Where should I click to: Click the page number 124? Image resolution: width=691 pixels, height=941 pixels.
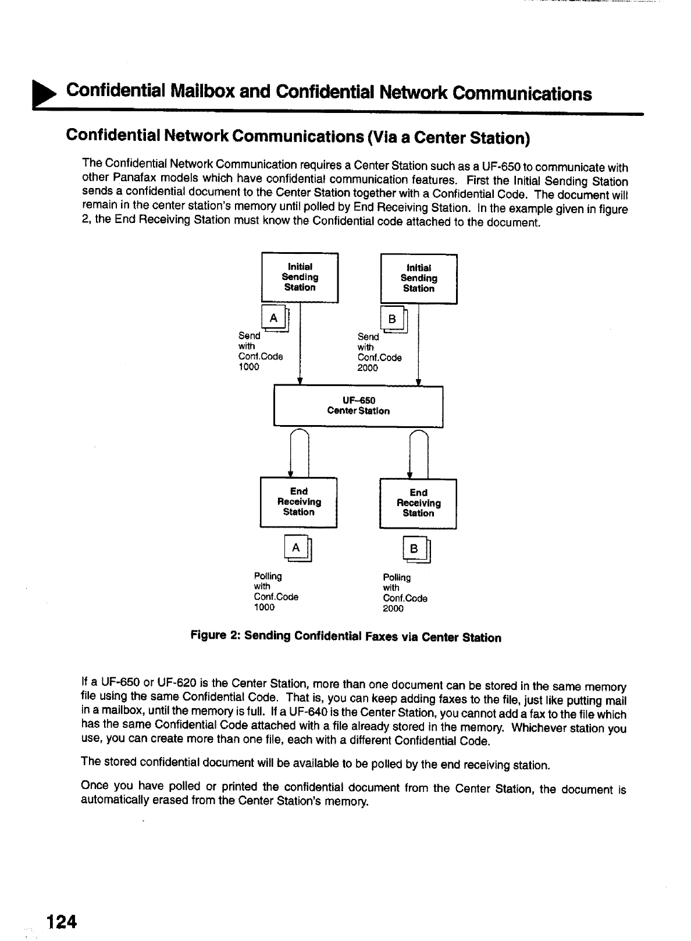62,922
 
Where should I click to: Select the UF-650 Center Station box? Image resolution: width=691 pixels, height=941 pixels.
358,406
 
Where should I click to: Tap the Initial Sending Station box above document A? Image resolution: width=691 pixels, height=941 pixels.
300,278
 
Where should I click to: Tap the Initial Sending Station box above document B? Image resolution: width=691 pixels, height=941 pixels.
419,279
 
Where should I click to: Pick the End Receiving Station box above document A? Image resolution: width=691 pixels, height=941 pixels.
299,502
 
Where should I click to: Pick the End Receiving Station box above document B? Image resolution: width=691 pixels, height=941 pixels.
418,503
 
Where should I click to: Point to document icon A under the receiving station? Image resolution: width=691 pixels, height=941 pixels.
297,548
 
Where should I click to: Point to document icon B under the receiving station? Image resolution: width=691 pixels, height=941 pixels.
415,550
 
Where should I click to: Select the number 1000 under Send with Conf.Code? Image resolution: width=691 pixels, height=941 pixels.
249,367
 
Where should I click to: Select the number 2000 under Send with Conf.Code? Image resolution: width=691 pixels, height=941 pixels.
368,368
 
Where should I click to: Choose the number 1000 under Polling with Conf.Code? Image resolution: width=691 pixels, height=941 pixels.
264,607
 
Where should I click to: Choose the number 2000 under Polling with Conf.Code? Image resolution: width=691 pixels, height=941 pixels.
393,609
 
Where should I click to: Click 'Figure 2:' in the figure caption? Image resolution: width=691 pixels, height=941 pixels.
216,635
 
